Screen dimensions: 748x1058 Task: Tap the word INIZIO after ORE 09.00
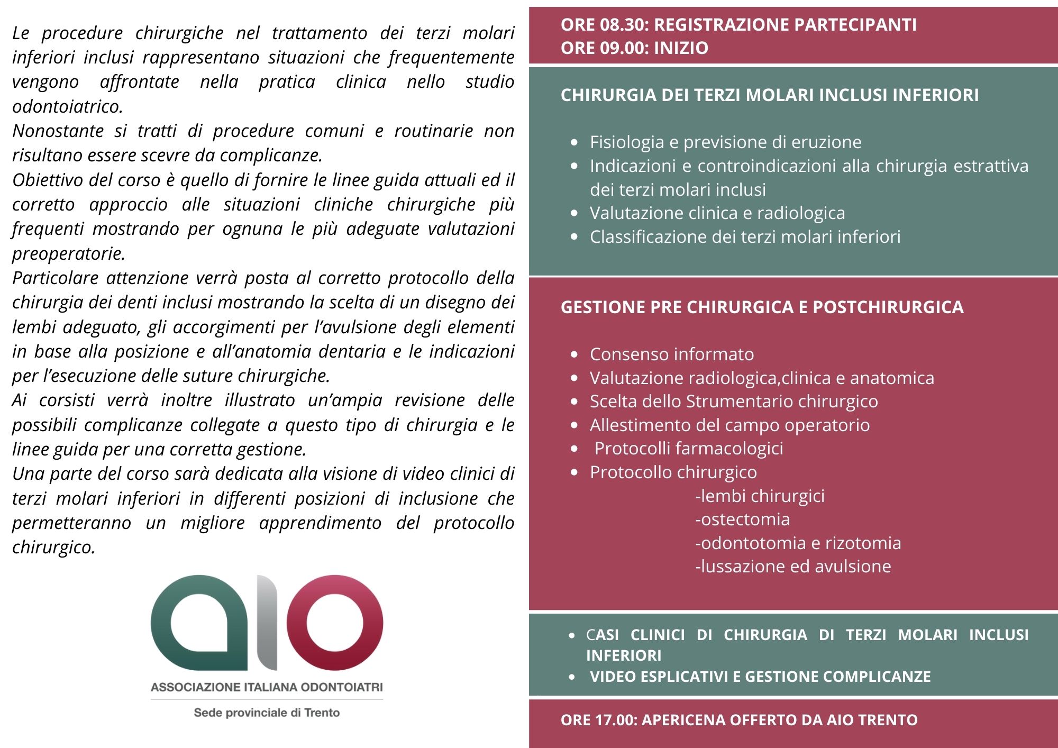point(681,48)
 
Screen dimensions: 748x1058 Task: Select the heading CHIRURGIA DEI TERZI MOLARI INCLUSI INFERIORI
point(769,95)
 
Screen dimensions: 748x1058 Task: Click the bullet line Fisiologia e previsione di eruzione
point(725,142)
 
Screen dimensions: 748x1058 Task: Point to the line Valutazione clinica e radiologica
point(717,213)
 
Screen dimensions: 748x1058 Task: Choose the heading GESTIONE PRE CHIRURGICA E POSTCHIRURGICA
point(762,307)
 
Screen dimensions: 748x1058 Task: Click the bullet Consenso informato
point(671,354)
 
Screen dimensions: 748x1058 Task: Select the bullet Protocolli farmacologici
point(688,449)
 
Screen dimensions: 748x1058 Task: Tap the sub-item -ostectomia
point(742,519)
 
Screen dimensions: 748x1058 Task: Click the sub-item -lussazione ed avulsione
point(793,567)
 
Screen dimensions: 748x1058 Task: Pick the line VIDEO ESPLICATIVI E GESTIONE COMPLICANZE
point(760,677)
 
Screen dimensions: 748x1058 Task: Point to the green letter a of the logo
point(198,623)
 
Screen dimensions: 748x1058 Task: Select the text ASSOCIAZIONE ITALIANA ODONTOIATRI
point(267,688)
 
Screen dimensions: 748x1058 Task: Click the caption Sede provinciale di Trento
point(267,713)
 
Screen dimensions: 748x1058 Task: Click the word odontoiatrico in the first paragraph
point(67,107)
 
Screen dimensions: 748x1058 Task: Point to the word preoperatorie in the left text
point(68,254)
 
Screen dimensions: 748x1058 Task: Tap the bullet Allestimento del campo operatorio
point(729,425)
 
